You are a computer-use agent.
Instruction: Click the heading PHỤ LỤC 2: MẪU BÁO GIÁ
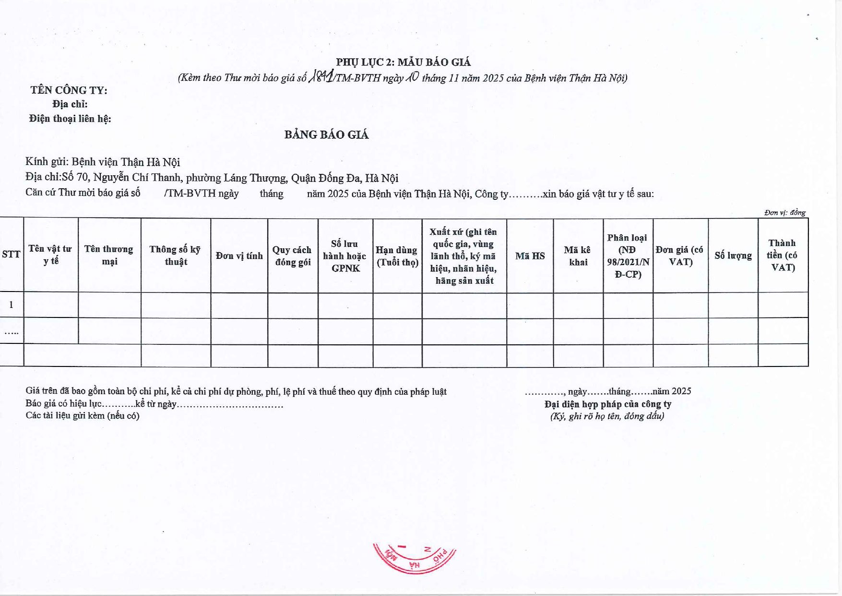tap(403, 62)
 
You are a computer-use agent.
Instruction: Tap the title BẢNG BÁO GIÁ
tap(326, 134)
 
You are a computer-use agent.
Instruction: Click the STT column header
tap(11, 255)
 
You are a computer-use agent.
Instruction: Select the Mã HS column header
tap(530, 256)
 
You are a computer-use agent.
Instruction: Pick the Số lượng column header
tap(733, 255)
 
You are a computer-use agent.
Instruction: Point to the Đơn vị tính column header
tap(239, 256)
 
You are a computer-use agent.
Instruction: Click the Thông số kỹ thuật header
tap(175, 255)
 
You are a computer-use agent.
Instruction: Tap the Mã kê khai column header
tap(578, 256)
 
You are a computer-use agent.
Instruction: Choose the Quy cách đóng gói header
tap(292, 256)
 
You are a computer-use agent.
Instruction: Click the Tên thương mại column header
tap(109, 255)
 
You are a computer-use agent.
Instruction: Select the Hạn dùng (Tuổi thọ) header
tap(397, 256)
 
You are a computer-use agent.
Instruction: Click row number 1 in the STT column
tap(11, 304)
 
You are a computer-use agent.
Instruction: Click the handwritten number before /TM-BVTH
tap(321, 76)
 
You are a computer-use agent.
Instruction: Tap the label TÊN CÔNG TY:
tap(69, 90)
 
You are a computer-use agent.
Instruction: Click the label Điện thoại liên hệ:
tap(70, 119)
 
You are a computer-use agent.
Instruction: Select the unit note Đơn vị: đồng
tap(785, 213)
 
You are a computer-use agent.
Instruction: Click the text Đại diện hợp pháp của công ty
tap(607, 404)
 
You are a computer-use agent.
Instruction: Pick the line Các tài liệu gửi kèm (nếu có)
tap(83, 415)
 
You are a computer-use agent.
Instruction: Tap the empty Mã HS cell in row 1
tap(530, 305)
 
